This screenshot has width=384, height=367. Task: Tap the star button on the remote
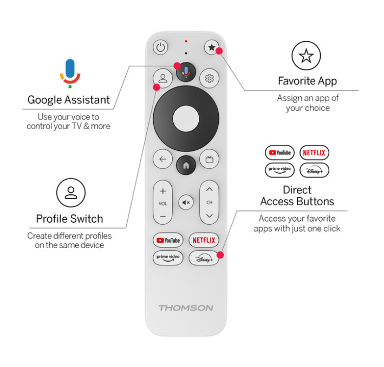point(212,47)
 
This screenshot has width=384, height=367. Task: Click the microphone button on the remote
point(186,72)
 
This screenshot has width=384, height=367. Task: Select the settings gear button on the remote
point(209,78)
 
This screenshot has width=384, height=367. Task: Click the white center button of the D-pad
point(186,118)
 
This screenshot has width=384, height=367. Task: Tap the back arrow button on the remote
point(162,159)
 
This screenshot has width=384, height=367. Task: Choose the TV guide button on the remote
point(209,159)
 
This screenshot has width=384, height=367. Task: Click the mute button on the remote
point(186,203)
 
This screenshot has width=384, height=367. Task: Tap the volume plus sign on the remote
point(162,191)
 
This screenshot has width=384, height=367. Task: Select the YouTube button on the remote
point(168,240)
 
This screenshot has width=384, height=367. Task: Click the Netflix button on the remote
point(204,240)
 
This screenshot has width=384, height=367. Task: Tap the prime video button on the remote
point(168,258)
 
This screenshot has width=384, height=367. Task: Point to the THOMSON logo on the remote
point(186,308)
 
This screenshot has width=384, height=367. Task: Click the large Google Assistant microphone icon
point(70,73)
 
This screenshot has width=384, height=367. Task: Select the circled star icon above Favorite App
point(306,56)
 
